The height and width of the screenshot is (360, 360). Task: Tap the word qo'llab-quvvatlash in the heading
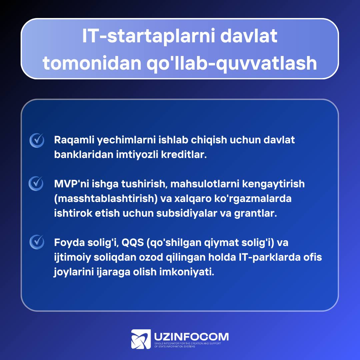click(232, 63)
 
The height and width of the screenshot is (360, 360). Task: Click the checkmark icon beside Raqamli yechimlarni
click(37, 140)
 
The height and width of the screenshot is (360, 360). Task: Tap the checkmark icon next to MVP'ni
click(36, 183)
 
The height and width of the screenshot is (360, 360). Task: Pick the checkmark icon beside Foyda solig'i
click(37, 242)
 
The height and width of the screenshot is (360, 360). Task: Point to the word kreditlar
click(184, 155)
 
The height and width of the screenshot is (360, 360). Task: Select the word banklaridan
click(84, 155)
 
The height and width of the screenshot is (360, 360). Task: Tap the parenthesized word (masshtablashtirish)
click(106, 199)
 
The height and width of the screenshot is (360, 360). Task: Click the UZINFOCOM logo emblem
click(141, 339)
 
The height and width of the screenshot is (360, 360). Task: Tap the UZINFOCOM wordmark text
click(191, 337)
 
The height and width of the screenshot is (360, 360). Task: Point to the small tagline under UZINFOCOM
click(188, 345)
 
